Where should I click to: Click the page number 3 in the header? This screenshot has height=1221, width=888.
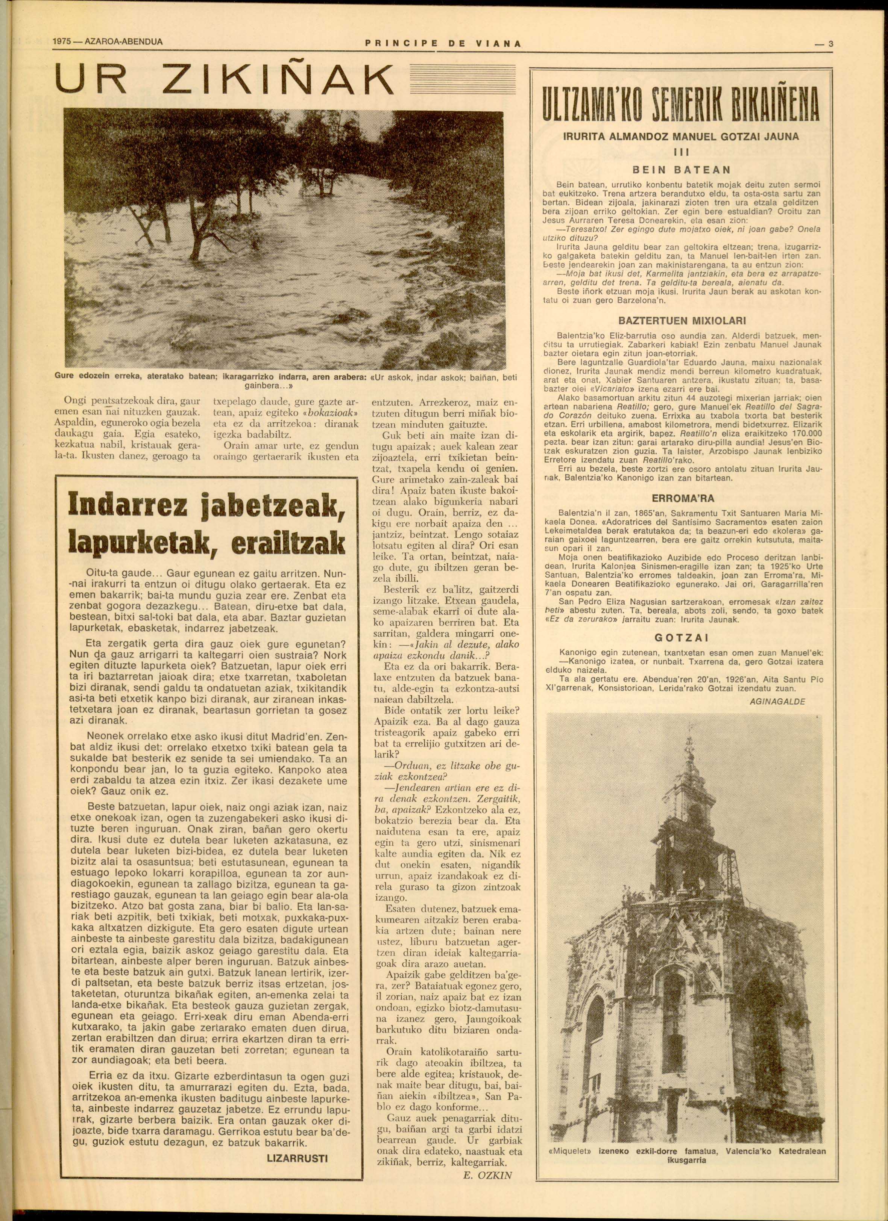tap(830, 44)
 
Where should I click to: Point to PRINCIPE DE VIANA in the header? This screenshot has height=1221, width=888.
tap(443, 44)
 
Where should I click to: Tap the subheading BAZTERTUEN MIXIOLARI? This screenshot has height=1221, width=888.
tap(681, 321)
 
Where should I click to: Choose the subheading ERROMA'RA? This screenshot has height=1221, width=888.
tap(681, 499)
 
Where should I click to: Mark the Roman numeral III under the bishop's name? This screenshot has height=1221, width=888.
tap(681, 151)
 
